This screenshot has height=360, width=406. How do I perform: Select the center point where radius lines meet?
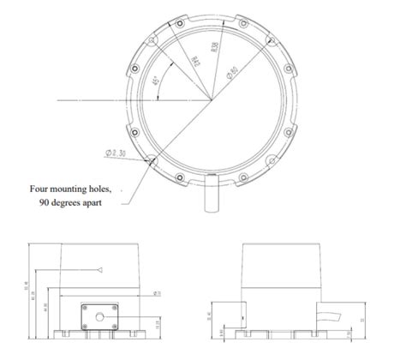[x=211, y=101]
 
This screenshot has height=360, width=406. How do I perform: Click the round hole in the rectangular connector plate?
[x=99, y=317]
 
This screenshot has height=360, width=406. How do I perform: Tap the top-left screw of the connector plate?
[x=87, y=306]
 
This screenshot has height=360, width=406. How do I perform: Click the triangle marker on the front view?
[x=100, y=269]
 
